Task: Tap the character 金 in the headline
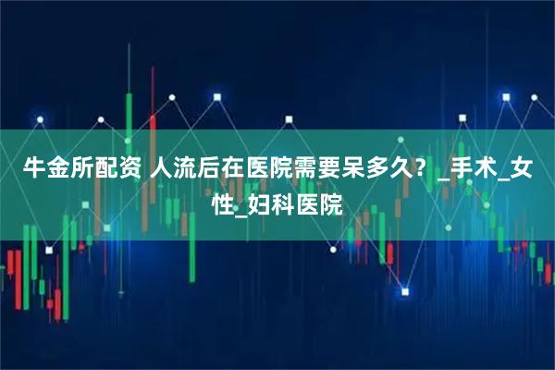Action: point(55,170)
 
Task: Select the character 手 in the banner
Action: point(460,170)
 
